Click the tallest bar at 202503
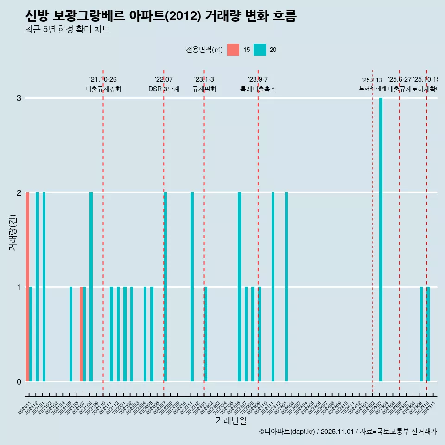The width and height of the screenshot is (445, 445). tap(381, 240)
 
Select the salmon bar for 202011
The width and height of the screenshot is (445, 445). tap(28, 287)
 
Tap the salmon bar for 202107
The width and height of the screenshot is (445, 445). tap(81, 334)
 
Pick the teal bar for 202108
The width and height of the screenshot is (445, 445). tap(91, 287)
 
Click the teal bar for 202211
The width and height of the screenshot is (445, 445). tap(192, 287)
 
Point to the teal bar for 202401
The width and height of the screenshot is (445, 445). tap(286, 287)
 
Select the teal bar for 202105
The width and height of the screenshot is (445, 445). tap(71, 334)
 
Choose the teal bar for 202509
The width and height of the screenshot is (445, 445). tap(421, 334)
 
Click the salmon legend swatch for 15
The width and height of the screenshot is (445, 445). tap(233, 50)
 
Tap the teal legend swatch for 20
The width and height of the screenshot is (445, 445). tap(260, 50)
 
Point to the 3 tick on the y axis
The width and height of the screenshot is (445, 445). tap(19, 98)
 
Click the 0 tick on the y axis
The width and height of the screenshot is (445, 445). tap(19, 381)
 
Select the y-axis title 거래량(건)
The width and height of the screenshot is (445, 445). tap(13, 232)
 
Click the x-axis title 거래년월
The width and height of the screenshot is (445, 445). tap(231, 420)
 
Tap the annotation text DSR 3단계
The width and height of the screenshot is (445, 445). tap(164, 89)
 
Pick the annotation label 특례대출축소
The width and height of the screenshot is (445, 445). tap(258, 89)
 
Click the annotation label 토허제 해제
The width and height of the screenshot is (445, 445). tap(372, 88)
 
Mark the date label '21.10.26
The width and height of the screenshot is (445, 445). tap(103, 79)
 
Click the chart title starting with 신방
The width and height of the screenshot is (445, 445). tap(160, 16)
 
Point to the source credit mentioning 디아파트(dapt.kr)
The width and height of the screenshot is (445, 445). tap(348, 432)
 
